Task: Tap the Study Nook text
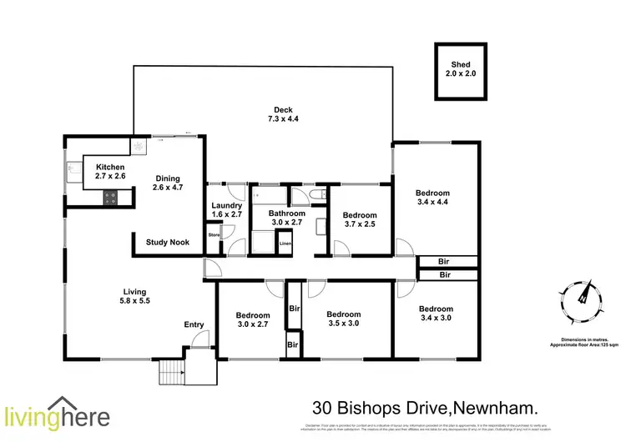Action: click(167, 243)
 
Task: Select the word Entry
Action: click(194, 324)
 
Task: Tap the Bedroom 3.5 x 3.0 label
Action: click(342, 319)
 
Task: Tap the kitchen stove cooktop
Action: click(109, 198)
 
